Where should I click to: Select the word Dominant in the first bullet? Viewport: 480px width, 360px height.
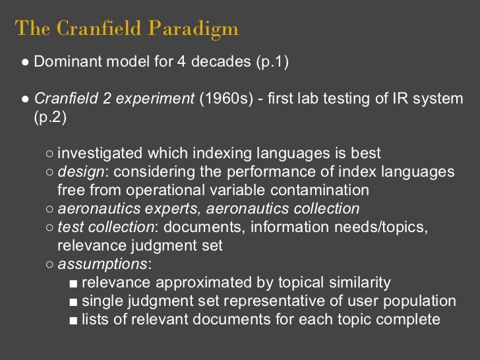pyautogui.click(x=64, y=63)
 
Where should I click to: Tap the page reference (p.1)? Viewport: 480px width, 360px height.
pyautogui.click(x=272, y=63)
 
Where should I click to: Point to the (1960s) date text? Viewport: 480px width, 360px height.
pyautogui.click(x=225, y=100)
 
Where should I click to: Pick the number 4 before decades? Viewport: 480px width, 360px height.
pyautogui.click(x=180, y=63)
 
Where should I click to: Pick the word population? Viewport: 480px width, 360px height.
pyautogui.click(x=422, y=301)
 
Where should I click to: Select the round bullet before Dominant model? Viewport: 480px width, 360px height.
pyautogui.click(x=24, y=63)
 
